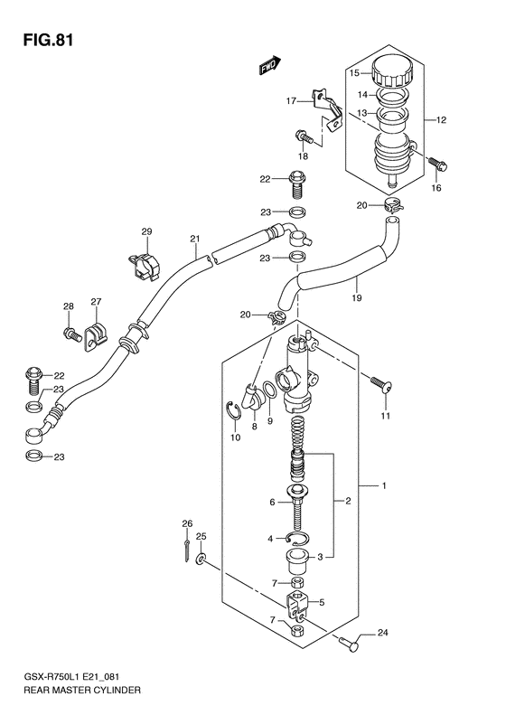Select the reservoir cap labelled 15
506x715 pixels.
(390, 72)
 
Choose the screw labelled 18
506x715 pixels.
(305, 138)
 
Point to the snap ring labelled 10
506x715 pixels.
(233, 415)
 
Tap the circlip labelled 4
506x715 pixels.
(299, 539)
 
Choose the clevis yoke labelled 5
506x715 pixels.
(298, 602)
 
